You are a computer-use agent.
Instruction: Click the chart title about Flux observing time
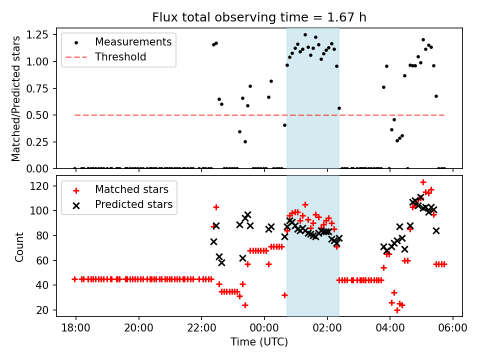(x=259, y=17)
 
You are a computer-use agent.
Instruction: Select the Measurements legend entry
(x=133, y=41)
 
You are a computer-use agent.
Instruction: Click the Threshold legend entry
(x=120, y=57)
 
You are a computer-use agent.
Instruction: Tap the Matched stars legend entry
(x=131, y=189)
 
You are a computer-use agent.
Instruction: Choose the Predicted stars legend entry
(x=133, y=204)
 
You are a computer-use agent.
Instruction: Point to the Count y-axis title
(x=19, y=246)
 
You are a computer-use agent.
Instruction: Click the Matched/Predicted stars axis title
(x=16, y=98)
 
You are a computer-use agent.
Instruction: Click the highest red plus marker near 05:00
(x=423, y=182)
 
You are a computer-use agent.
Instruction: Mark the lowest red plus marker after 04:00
(x=397, y=310)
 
